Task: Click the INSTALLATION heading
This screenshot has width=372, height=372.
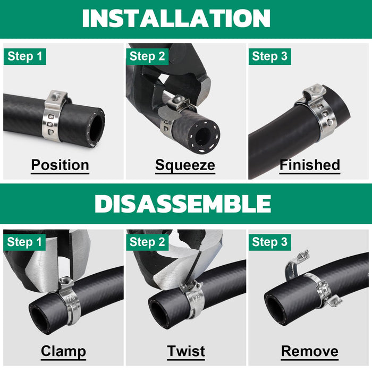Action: pyautogui.click(x=176, y=19)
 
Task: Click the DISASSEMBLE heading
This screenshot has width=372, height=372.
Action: pyautogui.click(x=183, y=204)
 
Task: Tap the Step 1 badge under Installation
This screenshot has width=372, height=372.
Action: pyautogui.click(x=25, y=56)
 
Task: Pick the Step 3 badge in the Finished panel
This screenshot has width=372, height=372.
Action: pyautogui.click(x=269, y=56)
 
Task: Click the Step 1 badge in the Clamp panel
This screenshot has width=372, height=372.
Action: pyautogui.click(x=25, y=242)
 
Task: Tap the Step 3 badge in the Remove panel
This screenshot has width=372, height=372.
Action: pyautogui.click(x=269, y=242)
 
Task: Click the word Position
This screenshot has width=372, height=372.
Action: pyautogui.click(x=60, y=165)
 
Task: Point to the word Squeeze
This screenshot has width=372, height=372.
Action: pyautogui.click(x=185, y=165)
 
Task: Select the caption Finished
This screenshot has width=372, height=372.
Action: pyautogui.click(x=310, y=165)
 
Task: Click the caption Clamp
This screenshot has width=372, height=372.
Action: pyautogui.click(x=63, y=351)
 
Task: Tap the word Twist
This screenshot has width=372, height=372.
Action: pyautogui.click(x=186, y=351)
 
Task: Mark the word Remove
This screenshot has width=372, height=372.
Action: pyautogui.click(x=309, y=351)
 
